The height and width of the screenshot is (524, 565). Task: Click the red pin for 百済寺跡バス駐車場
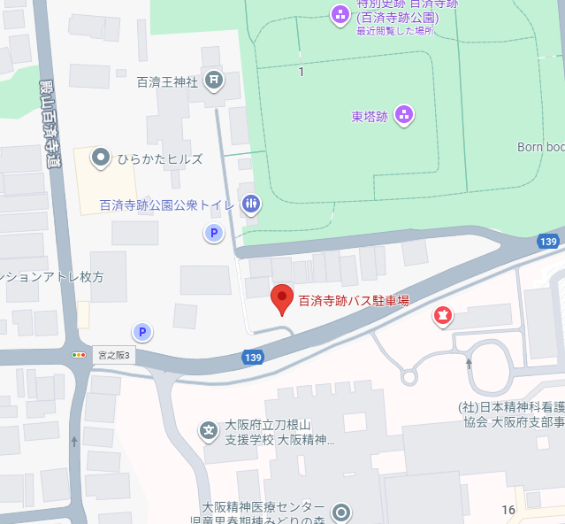click(x=281, y=299)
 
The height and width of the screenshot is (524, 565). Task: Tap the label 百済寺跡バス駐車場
click(x=354, y=301)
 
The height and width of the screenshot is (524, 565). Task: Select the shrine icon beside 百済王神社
click(x=214, y=81)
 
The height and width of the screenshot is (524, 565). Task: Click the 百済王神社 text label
click(x=169, y=82)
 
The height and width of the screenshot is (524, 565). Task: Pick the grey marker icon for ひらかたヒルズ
click(x=103, y=159)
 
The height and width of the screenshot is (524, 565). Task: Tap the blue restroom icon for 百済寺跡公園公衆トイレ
click(x=251, y=204)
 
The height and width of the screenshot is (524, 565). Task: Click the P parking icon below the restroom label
click(x=213, y=234)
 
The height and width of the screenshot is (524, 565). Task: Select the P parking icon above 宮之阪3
click(x=141, y=332)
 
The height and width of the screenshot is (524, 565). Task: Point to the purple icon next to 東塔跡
click(x=403, y=114)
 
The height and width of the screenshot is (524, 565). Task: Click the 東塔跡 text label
click(x=370, y=115)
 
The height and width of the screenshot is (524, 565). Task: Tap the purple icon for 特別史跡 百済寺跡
click(x=340, y=14)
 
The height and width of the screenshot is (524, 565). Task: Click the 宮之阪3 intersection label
click(x=114, y=355)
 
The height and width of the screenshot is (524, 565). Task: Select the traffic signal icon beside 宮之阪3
click(x=80, y=355)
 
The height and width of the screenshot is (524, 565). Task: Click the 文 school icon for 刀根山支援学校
click(x=209, y=431)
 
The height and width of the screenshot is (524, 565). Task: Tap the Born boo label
click(x=540, y=147)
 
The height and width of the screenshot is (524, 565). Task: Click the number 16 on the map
click(x=508, y=510)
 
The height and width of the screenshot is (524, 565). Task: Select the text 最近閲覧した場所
click(x=394, y=31)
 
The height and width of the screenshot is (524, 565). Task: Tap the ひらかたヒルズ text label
click(x=160, y=160)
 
